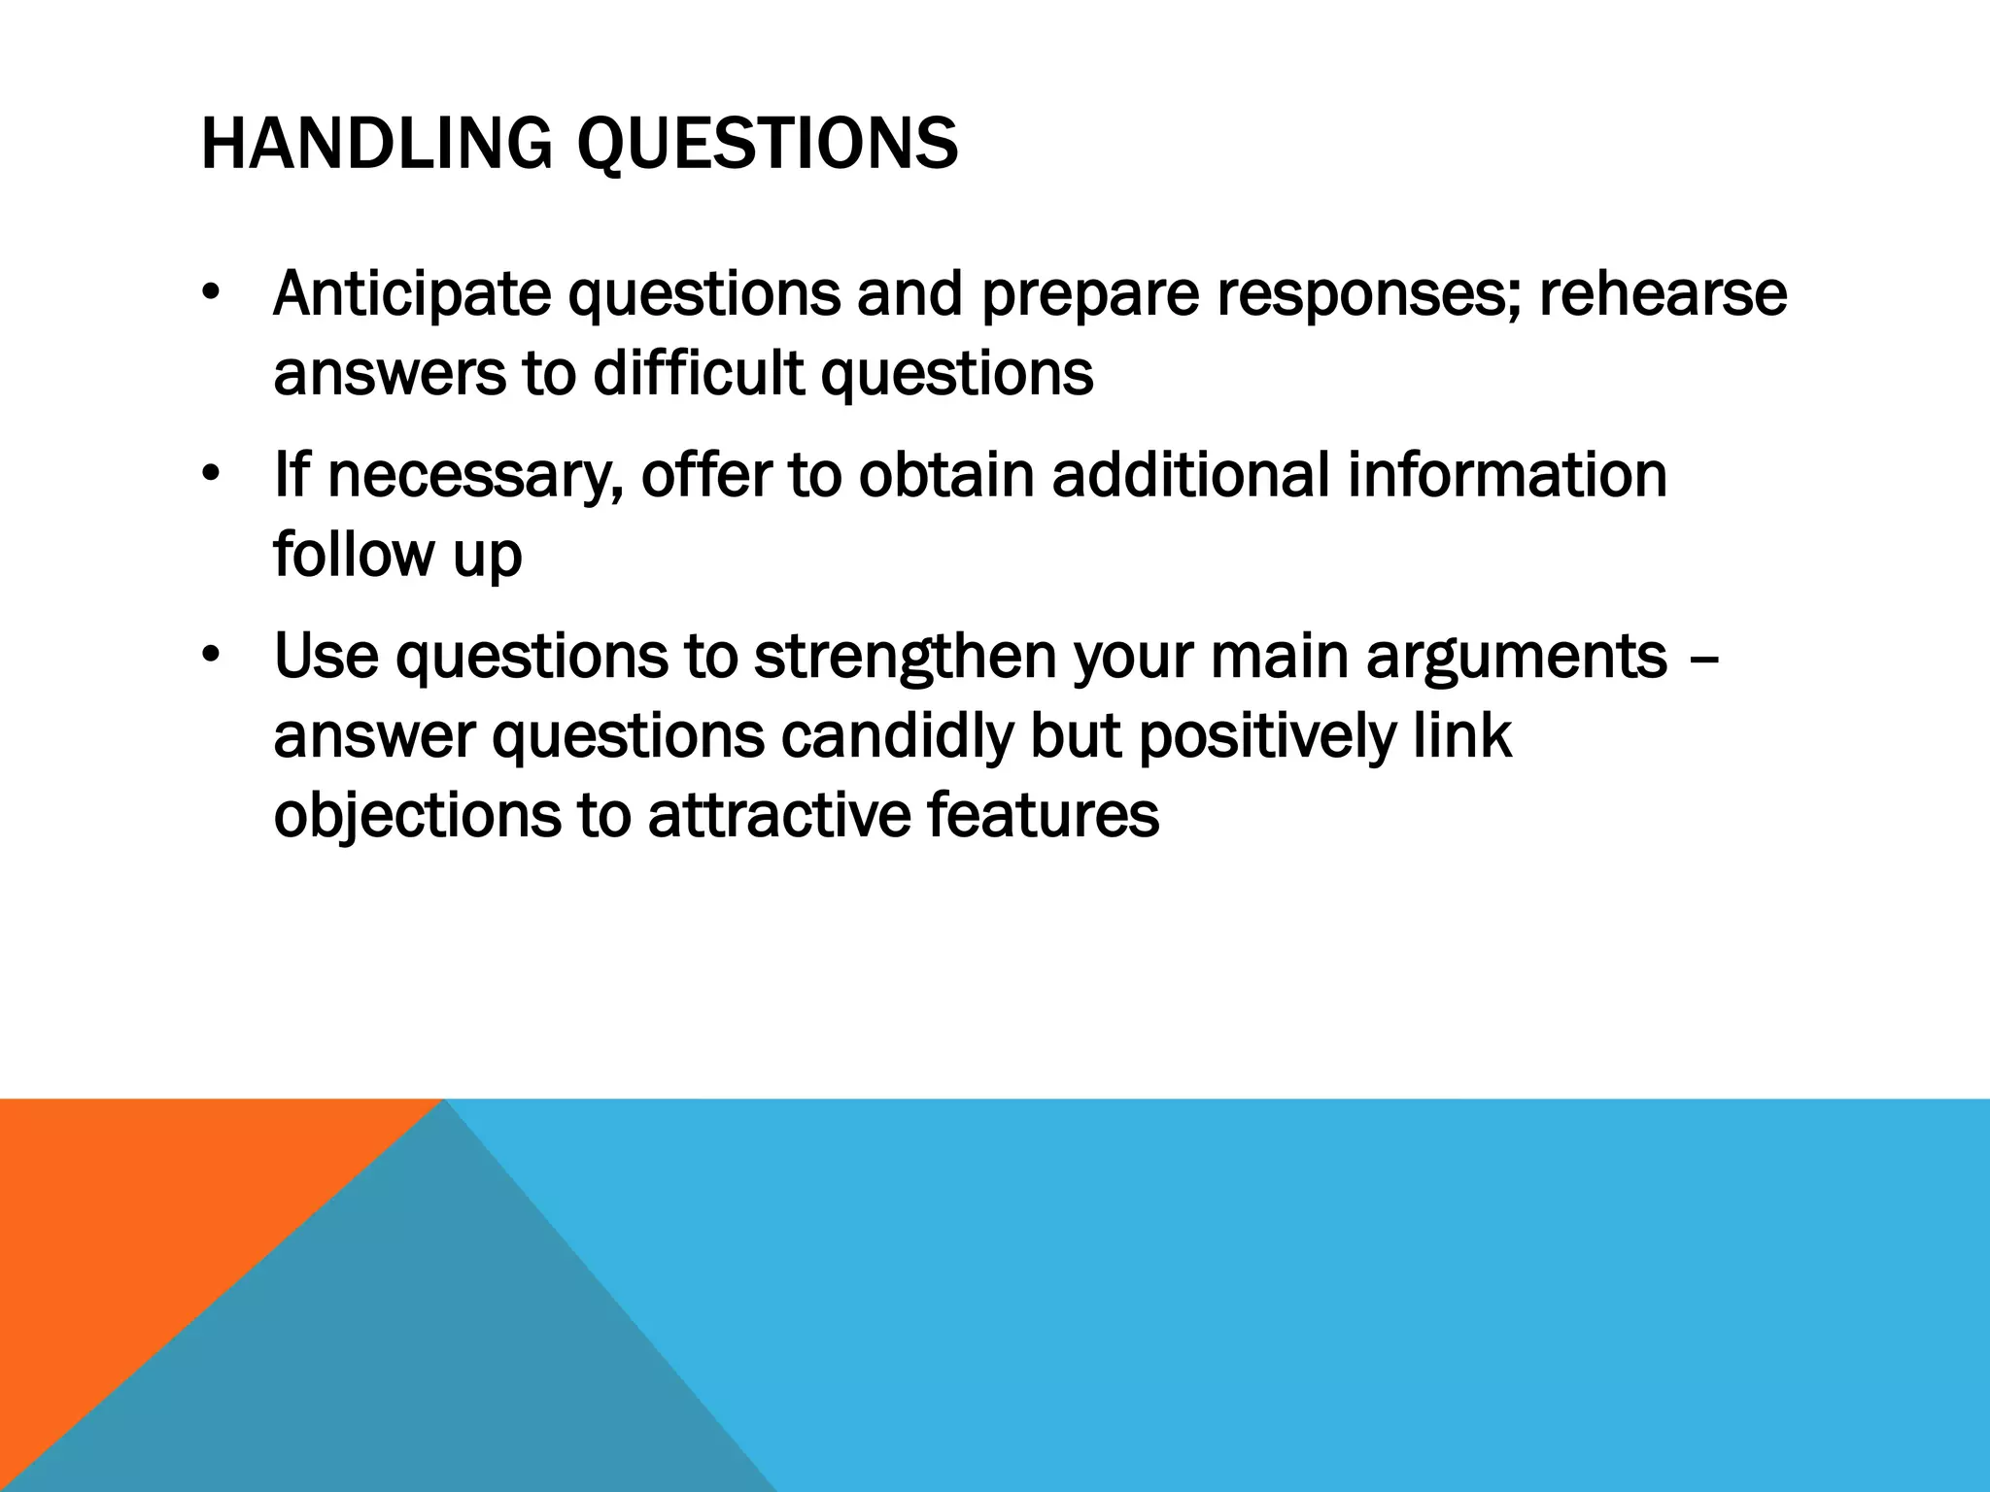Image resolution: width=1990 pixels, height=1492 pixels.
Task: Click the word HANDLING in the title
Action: point(375,144)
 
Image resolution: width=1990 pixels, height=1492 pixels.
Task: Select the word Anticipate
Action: point(411,294)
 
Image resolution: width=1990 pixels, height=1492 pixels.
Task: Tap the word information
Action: point(1506,475)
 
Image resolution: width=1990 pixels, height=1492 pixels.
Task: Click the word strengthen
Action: point(905,658)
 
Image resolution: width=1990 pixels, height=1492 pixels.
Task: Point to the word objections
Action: point(417,816)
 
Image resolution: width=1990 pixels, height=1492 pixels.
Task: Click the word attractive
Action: point(779,816)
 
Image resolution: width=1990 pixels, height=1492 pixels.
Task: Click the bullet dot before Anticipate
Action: point(211,294)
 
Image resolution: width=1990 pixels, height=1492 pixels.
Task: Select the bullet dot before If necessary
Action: point(211,476)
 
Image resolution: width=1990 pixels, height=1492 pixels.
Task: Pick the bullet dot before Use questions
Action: point(211,658)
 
